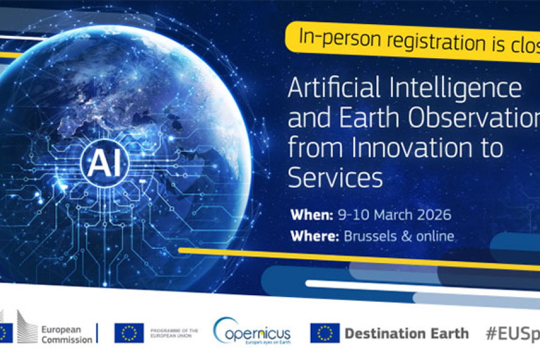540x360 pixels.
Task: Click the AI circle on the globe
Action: (x=104, y=161)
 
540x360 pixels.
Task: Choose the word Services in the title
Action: (x=335, y=177)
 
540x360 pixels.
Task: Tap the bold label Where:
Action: (x=314, y=236)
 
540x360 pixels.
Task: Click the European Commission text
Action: (x=67, y=334)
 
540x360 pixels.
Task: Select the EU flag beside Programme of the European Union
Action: (x=129, y=333)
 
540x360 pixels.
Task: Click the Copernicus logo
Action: (x=252, y=332)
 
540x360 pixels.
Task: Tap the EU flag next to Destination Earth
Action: (x=325, y=333)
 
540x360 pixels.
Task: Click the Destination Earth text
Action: (x=407, y=333)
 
